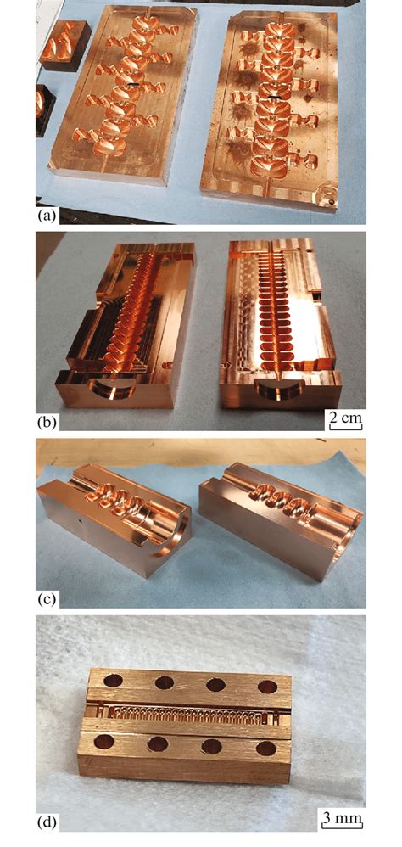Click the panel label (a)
click(47, 216)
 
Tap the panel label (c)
click(47, 598)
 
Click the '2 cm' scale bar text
click(348, 417)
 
